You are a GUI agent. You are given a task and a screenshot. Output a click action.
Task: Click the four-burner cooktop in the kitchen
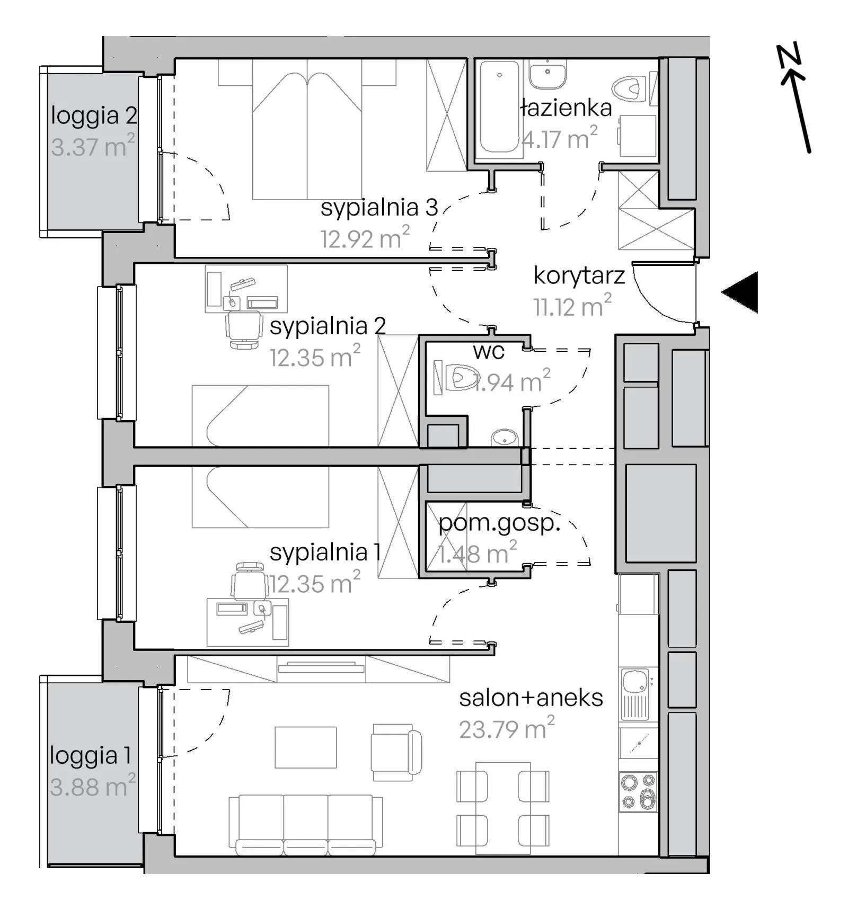click(638, 792)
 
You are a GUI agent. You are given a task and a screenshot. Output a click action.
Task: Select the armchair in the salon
click(396, 752)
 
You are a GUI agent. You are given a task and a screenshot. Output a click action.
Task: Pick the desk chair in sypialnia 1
click(249, 581)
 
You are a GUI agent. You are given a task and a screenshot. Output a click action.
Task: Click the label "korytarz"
click(579, 276)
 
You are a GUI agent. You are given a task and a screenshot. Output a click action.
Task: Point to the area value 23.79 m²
click(507, 728)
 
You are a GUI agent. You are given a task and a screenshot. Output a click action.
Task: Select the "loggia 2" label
click(94, 115)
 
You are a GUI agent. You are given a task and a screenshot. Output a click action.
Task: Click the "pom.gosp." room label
click(499, 524)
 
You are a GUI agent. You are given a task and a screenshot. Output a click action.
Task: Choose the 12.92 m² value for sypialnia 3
click(365, 238)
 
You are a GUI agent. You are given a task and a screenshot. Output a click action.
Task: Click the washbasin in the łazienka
click(548, 74)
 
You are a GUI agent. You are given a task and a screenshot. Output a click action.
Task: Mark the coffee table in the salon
click(306, 747)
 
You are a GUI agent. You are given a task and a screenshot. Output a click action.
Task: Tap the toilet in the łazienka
click(631, 88)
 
